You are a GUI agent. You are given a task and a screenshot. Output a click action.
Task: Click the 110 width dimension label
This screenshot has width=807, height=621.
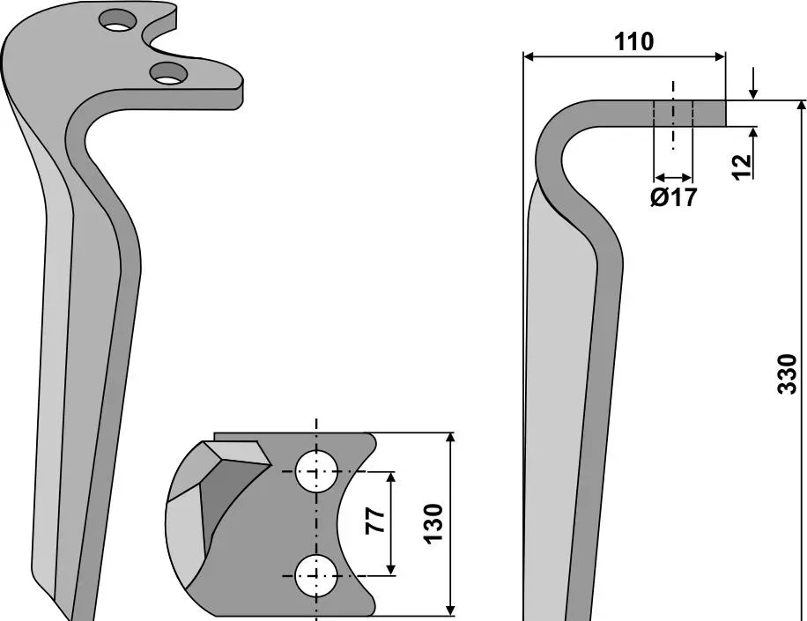coord(633,41)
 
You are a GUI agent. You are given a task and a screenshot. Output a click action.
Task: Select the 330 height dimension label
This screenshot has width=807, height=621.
coord(787,374)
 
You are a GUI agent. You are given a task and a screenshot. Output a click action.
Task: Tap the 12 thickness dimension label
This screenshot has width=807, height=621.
coord(742,167)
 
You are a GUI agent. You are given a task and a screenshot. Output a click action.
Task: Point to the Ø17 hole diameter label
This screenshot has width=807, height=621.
coord(674,197)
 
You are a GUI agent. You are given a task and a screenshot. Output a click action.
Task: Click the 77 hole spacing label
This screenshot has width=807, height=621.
coord(375,521)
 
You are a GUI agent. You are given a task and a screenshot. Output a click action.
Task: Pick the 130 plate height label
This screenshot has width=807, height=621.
coord(433,523)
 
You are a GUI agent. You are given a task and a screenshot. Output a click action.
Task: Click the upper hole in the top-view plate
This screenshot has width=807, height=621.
coord(316,471)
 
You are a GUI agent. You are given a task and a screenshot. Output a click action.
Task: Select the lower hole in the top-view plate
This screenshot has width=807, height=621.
coord(316,576)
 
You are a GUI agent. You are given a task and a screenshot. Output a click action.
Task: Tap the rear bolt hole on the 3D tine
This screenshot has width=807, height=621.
coord(119,20)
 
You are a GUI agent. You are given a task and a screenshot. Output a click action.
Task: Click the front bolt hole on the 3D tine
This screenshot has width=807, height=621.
coord(168,73)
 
